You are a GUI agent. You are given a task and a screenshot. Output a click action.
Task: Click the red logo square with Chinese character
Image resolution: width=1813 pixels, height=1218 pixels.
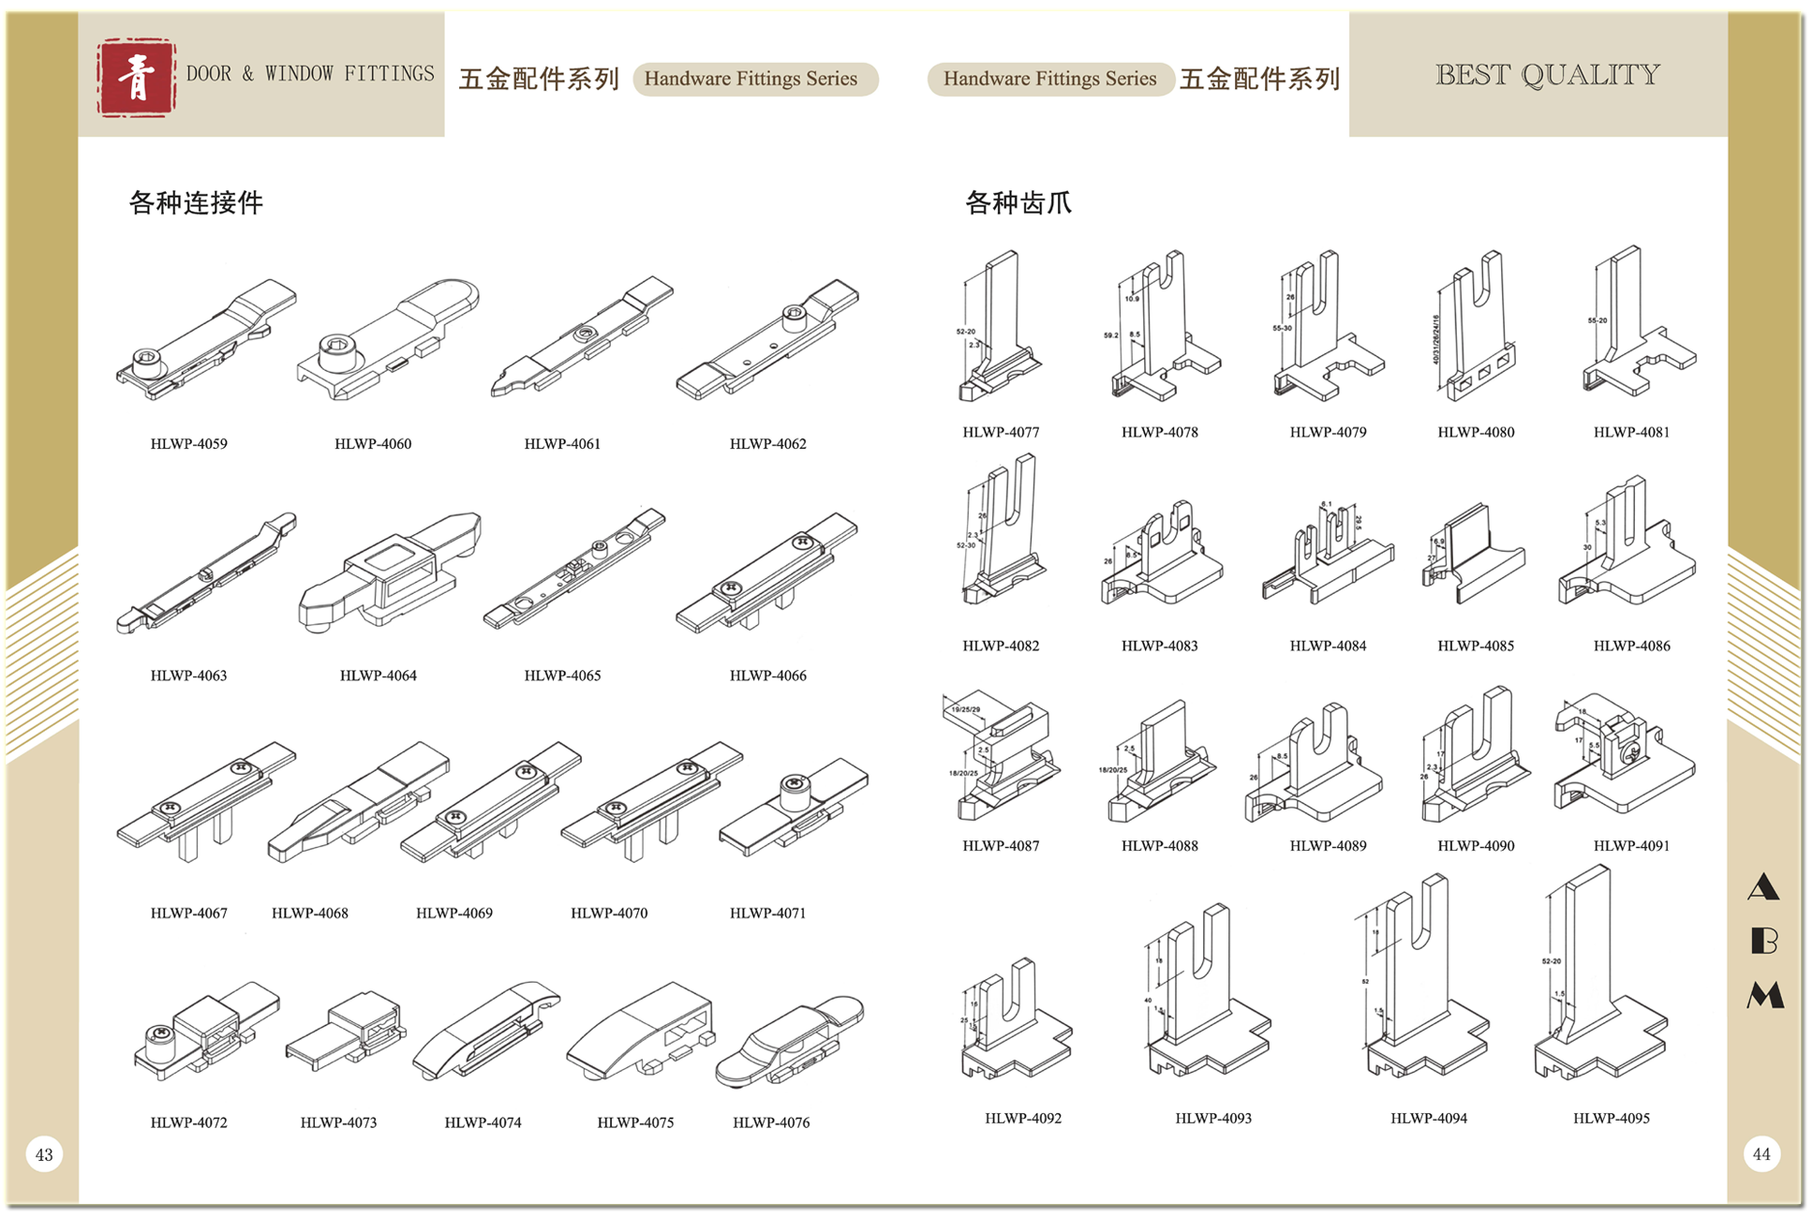[x=136, y=78]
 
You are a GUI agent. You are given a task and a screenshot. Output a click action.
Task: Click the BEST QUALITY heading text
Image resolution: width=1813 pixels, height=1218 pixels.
[x=1547, y=75]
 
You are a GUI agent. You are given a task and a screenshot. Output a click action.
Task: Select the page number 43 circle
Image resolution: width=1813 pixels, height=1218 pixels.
[x=44, y=1154]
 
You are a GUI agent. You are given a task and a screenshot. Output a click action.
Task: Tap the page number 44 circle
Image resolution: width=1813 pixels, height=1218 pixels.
[x=1761, y=1154]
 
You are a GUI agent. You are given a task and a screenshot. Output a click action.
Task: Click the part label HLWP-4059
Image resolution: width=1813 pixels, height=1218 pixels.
[x=188, y=444]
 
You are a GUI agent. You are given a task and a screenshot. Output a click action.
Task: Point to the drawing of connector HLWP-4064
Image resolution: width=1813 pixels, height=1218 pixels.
[x=387, y=572]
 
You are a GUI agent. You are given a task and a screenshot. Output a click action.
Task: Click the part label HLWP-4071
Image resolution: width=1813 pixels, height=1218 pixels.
[x=767, y=913]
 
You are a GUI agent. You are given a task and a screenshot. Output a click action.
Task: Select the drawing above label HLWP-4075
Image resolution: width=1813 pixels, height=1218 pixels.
[x=641, y=1031]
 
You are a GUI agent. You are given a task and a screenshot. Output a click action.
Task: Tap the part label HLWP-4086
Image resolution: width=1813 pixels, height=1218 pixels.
[x=1631, y=646]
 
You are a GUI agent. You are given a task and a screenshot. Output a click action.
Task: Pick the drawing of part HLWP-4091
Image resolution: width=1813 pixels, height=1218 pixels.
[x=1621, y=754]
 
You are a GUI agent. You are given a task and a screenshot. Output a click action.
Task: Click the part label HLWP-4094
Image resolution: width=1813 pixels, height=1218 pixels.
[x=1428, y=1118]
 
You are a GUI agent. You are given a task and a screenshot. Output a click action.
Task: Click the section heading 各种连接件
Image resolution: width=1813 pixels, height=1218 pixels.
[x=196, y=202]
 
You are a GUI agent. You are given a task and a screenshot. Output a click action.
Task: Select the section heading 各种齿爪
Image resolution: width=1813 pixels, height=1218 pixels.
[x=1018, y=202]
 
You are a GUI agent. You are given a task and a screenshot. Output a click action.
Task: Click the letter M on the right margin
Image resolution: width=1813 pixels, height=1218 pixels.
[x=1764, y=995]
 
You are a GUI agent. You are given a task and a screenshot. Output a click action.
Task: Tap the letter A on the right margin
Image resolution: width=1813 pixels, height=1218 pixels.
[x=1763, y=886]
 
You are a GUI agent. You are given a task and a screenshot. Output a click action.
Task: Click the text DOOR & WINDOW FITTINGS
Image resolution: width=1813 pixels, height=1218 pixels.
[x=310, y=74]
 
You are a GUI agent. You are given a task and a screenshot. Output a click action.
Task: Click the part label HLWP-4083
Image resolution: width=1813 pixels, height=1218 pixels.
[x=1159, y=646]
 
